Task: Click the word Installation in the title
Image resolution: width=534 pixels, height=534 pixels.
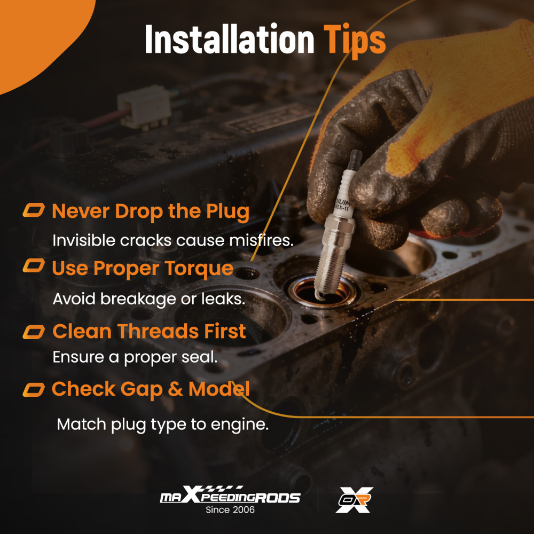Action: coord(229,39)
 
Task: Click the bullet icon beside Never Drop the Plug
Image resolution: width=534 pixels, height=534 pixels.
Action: coord(34,210)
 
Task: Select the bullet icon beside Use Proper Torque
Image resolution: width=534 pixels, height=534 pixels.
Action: coord(34,265)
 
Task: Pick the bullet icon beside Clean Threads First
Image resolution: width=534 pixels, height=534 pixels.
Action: coord(34,332)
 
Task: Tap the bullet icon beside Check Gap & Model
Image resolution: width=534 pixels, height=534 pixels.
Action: coord(34,390)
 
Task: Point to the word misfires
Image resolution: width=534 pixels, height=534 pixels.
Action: coord(261,240)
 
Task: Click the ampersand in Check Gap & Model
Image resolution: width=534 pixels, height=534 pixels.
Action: coord(175,389)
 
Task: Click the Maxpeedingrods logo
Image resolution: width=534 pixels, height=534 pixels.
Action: coord(230,494)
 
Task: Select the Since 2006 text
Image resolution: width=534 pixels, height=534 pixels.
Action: coord(230,510)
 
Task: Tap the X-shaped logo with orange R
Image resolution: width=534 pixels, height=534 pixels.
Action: coord(354,500)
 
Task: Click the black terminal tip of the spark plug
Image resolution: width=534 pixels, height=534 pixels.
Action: coord(356,159)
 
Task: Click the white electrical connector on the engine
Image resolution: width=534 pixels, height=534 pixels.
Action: coord(144,107)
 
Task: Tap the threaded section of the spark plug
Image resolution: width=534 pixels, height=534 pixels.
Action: coord(331,268)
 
